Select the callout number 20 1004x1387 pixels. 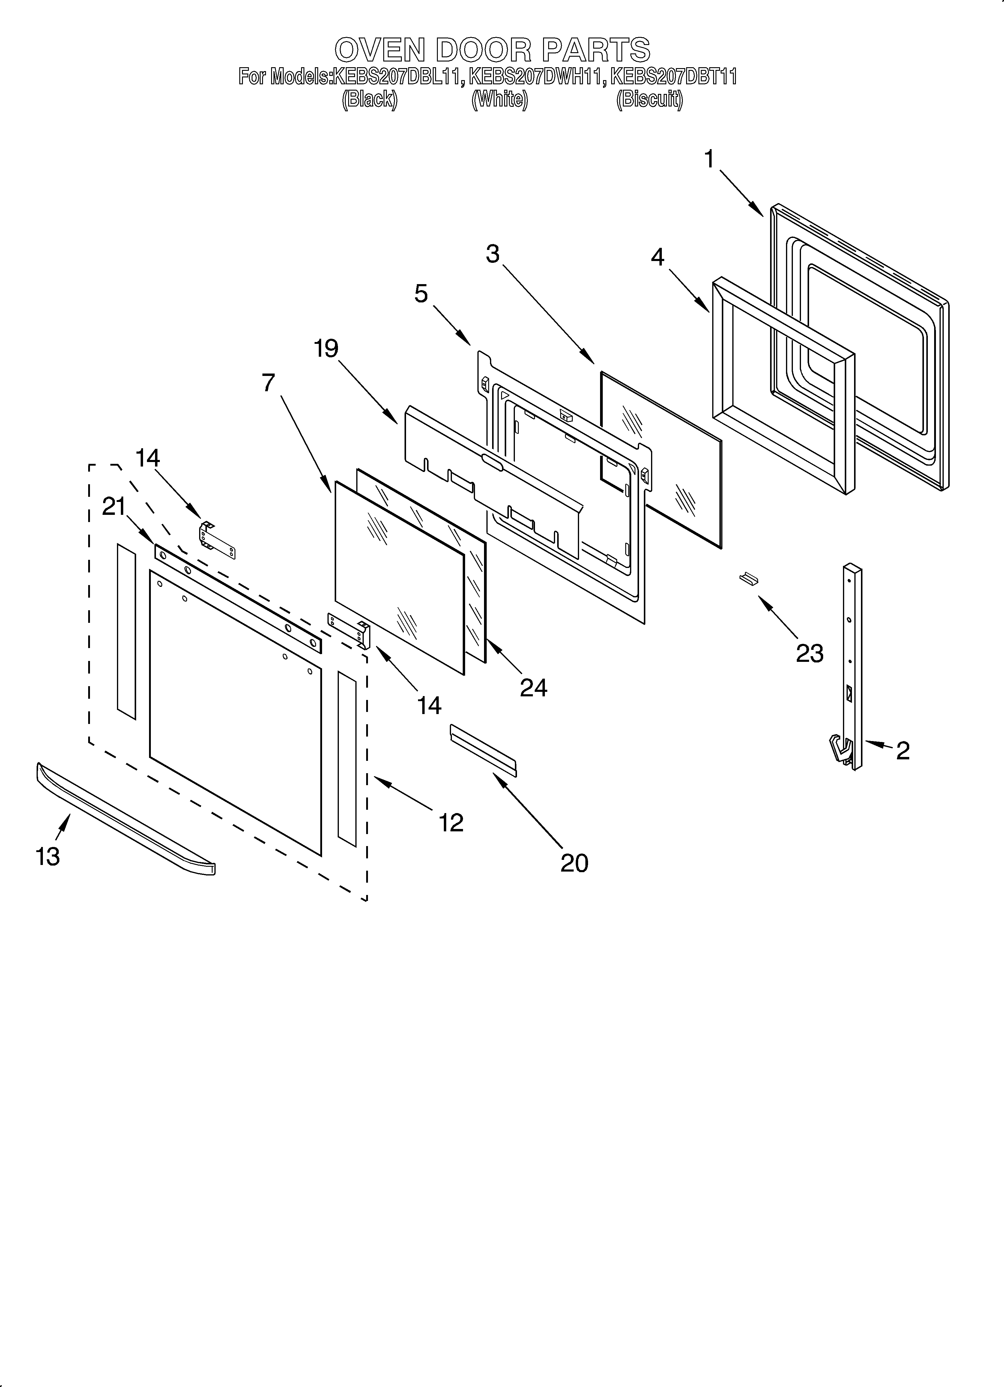(574, 862)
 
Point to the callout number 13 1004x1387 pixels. (48, 856)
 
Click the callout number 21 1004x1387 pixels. (114, 506)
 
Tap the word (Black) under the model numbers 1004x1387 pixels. (369, 99)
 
